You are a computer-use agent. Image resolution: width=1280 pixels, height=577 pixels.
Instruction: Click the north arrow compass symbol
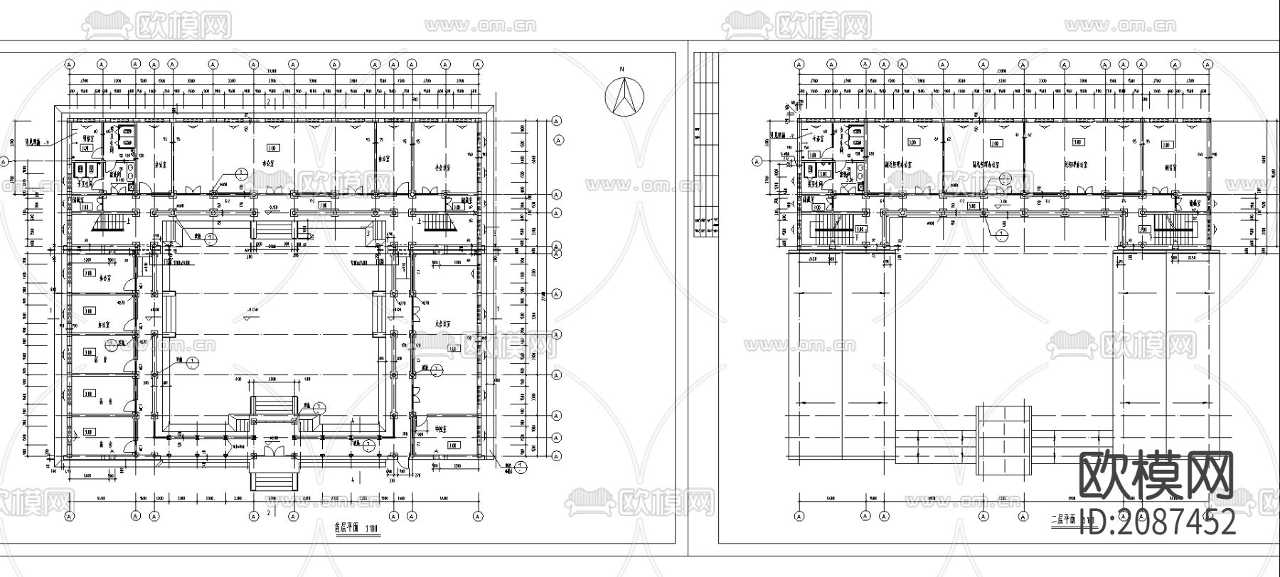tap(624, 97)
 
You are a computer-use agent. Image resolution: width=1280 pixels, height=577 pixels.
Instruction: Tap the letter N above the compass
tap(622, 69)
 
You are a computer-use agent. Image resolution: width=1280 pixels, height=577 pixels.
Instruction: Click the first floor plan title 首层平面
tap(346, 528)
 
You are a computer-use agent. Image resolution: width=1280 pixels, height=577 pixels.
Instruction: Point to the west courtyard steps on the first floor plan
tap(169, 313)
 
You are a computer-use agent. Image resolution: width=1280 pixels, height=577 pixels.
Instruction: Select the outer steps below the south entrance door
tap(274, 473)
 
